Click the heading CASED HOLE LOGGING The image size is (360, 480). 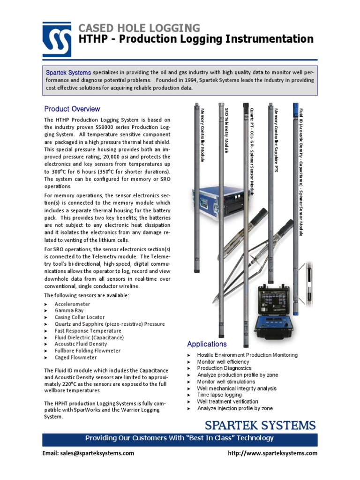(139, 28)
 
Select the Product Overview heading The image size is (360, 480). (72, 109)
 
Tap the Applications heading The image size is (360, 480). (207, 344)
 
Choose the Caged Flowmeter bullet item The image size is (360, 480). (75, 357)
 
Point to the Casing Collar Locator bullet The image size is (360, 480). (80, 317)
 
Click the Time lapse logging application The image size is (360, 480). (219, 395)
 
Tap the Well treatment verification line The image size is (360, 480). (227, 402)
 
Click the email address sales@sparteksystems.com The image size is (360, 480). (89, 453)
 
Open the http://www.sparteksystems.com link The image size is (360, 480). (272, 453)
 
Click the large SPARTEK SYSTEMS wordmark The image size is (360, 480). (260, 426)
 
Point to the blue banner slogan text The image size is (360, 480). (179, 438)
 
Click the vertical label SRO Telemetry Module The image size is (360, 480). (227, 131)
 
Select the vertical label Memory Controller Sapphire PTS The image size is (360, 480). (276, 140)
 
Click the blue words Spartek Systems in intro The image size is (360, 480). (68, 73)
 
